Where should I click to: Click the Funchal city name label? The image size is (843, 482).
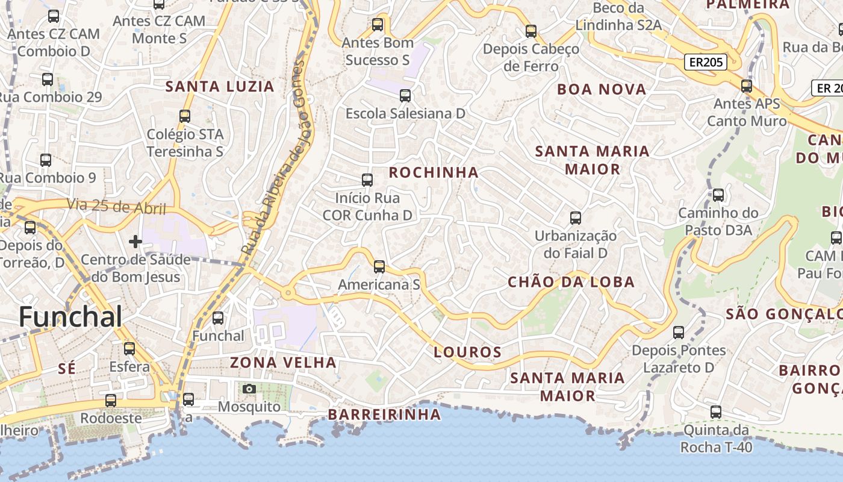tap(70, 317)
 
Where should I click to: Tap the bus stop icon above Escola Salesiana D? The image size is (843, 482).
tap(405, 95)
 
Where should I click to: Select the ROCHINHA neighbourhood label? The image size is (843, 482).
tap(434, 172)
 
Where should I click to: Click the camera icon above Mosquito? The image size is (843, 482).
tap(249, 389)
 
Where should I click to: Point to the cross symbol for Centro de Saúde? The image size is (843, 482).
tap(135, 242)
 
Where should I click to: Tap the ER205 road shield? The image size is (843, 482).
tap(705, 62)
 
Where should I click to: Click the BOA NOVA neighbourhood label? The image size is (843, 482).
tap(602, 90)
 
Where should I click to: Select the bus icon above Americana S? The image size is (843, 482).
tap(379, 266)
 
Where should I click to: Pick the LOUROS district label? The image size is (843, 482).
tap(468, 352)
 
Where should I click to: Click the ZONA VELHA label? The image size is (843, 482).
tap(283, 362)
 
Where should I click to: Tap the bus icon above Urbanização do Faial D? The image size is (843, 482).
tap(576, 218)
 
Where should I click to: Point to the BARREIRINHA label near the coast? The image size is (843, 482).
tap(384, 415)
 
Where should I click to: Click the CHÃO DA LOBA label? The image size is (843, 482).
tap(571, 282)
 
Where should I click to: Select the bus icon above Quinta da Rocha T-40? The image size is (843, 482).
tap(715, 412)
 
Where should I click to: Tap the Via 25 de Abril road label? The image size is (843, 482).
tap(116, 207)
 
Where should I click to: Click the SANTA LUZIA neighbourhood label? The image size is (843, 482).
tap(220, 87)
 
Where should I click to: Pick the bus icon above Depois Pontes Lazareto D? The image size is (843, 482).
tap(679, 332)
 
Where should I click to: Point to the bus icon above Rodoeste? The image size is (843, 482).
tap(111, 400)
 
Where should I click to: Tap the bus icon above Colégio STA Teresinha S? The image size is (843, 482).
tap(185, 116)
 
